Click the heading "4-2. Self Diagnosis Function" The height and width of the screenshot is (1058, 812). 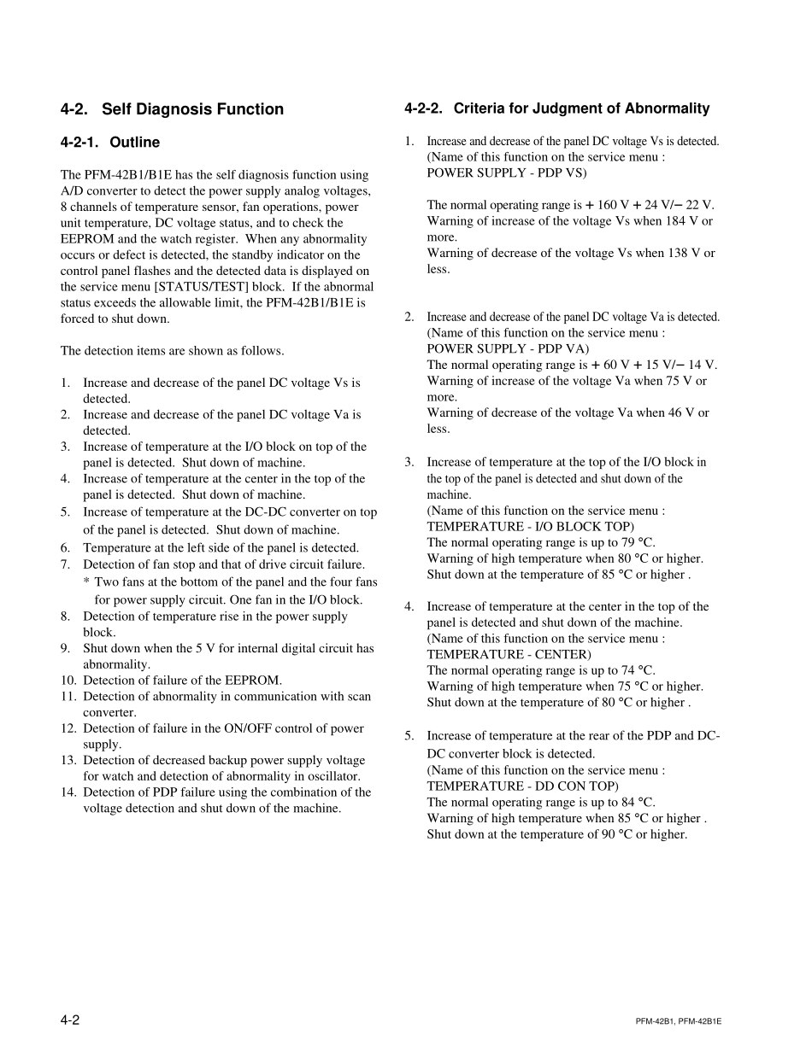(172, 109)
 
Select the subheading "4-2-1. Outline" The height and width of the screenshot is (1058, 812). (110, 143)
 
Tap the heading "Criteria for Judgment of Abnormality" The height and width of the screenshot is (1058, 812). (581, 108)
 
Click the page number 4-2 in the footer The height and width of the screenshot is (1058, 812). (70, 1020)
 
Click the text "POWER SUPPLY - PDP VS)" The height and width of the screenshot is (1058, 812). (507, 172)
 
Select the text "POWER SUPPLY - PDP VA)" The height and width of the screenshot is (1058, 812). (508, 348)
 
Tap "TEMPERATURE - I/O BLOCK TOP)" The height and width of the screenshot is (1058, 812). (530, 526)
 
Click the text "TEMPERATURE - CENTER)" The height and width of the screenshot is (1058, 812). (509, 654)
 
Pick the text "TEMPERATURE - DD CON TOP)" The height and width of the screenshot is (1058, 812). (522, 786)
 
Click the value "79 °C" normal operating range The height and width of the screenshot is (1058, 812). (637, 542)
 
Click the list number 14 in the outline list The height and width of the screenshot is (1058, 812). (68, 792)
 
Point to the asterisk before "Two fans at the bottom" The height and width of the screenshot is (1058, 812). (86, 582)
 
